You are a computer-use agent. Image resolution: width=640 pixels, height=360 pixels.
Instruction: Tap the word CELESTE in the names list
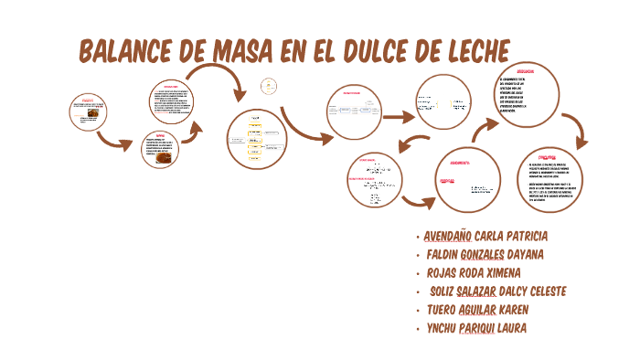click(x=539, y=291)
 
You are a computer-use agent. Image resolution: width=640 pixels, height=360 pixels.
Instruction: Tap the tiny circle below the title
click(x=268, y=87)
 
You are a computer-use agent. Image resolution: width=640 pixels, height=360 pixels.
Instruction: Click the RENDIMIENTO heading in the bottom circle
click(x=461, y=163)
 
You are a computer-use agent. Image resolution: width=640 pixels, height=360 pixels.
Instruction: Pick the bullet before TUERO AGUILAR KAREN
click(x=417, y=311)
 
